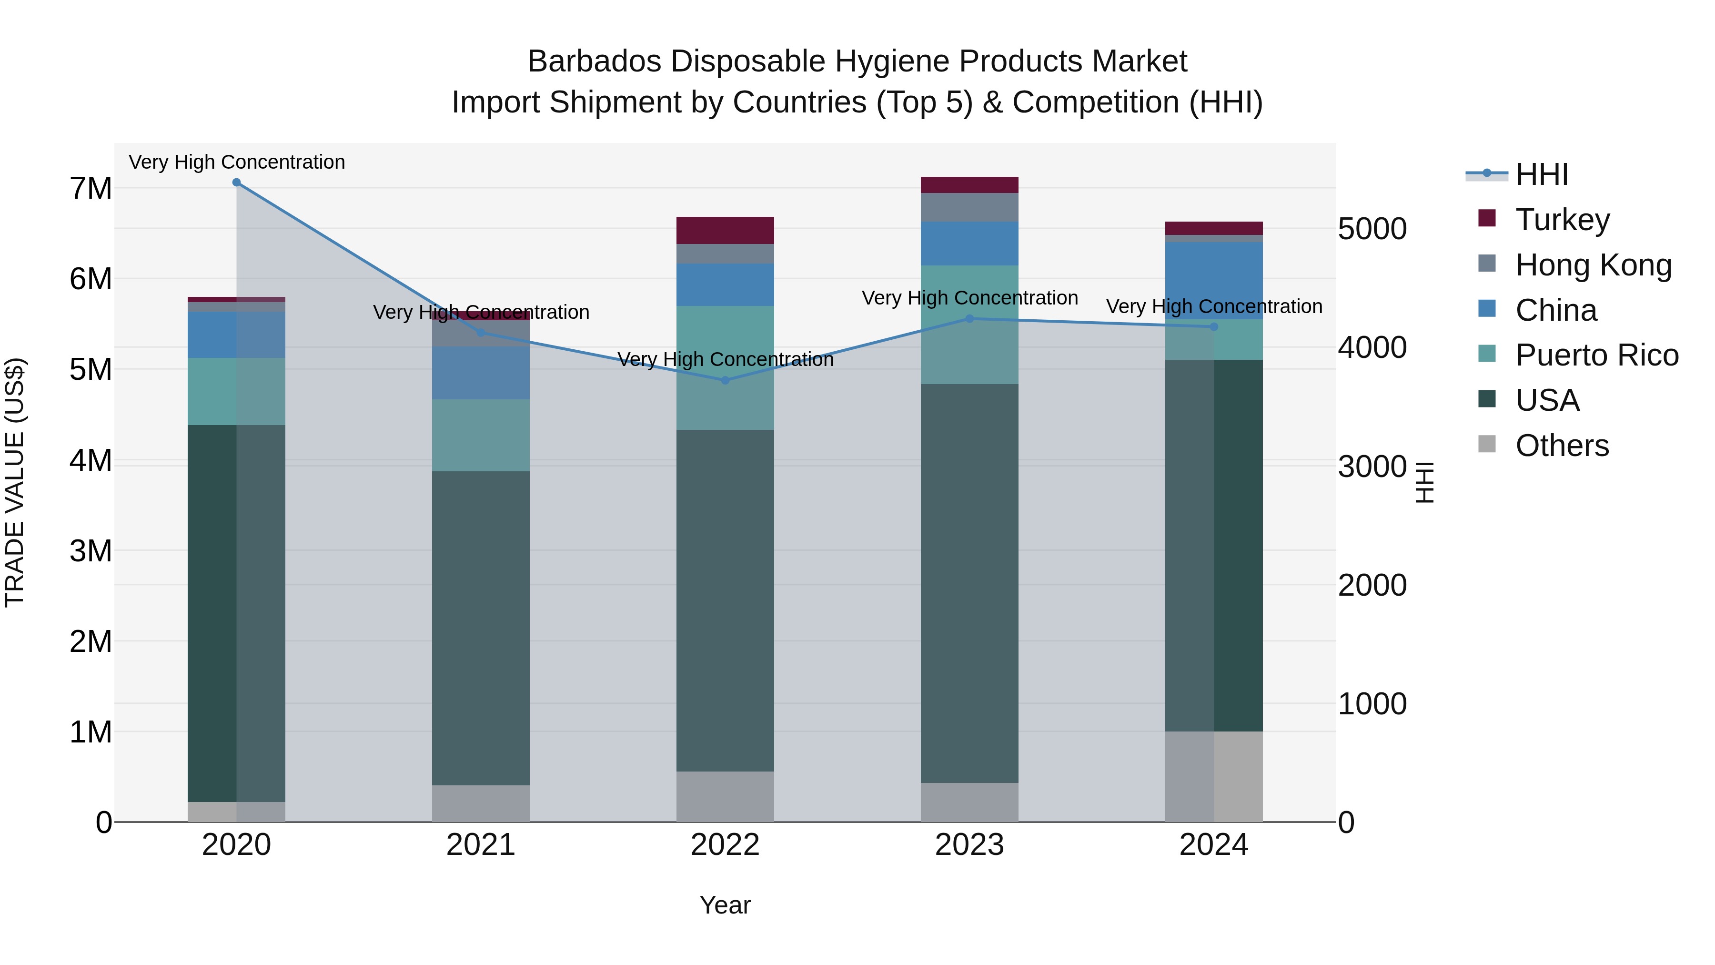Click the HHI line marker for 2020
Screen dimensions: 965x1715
coord(236,183)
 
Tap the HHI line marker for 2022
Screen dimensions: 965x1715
coord(726,380)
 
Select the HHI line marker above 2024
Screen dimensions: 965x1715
coord(1214,327)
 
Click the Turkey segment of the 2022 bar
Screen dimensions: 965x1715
coord(725,231)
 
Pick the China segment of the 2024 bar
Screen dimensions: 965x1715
coord(1214,280)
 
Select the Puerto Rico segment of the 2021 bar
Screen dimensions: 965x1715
coord(481,436)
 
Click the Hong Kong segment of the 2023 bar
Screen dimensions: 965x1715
coord(969,207)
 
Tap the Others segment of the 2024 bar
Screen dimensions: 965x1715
coord(1214,777)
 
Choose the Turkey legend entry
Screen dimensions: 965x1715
coord(1562,220)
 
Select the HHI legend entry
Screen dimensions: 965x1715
coord(1541,174)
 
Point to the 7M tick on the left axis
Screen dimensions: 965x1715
coord(91,188)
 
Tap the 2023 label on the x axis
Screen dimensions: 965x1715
coord(969,845)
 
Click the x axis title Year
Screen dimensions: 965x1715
coord(725,905)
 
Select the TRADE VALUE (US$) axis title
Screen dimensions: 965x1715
coord(15,482)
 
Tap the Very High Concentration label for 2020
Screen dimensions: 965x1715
coord(236,162)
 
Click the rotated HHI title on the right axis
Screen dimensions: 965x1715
coord(1424,482)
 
